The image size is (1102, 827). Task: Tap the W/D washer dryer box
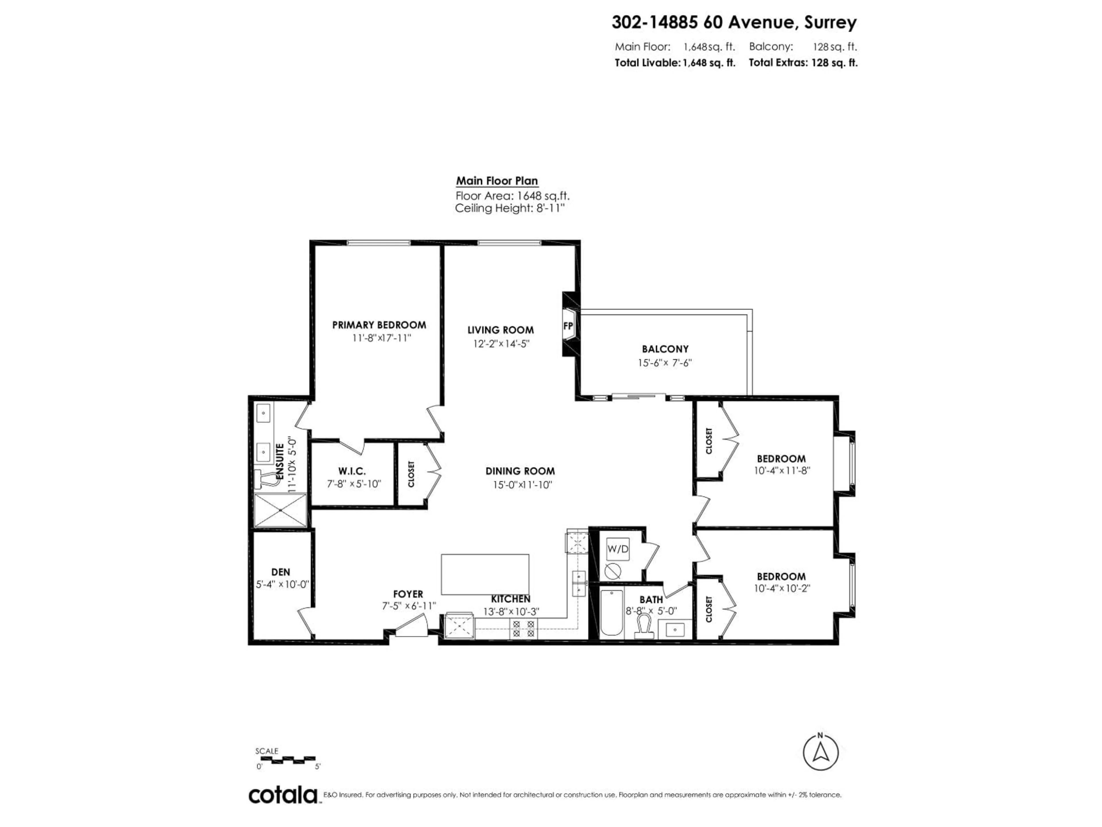[618, 549]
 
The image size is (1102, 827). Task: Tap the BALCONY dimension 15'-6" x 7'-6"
[665, 363]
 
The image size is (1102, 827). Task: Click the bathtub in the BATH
[611, 613]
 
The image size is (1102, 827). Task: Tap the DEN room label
[280, 572]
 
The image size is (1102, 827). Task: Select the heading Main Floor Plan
[497, 181]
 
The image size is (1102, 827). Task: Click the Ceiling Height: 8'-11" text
[510, 208]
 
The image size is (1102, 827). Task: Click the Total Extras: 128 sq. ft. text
[803, 63]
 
